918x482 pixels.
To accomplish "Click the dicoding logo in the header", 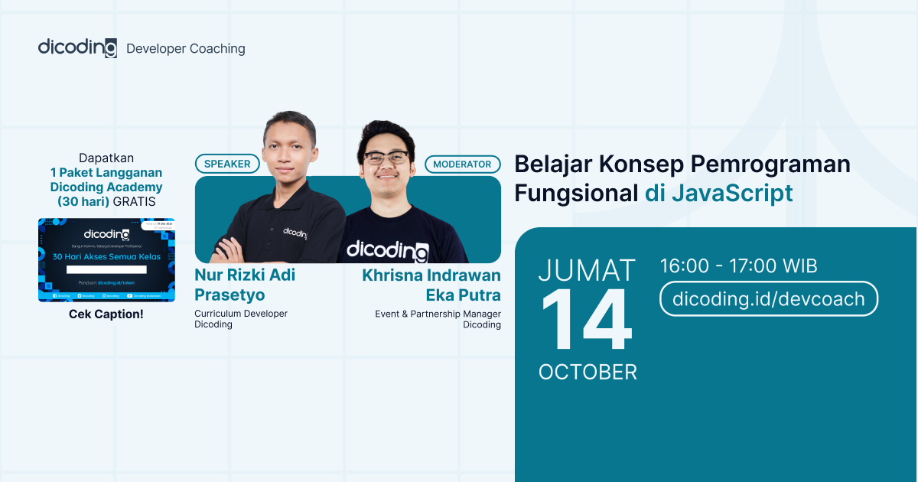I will (x=77, y=47).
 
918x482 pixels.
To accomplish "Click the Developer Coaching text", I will (x=185, y=48).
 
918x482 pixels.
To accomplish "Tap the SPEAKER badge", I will (x=227, y=164).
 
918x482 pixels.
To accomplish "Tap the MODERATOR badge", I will (x=462, y=164).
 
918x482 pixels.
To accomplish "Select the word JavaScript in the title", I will (x=732, y=194).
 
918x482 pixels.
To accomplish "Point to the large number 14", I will (x=587, y=321).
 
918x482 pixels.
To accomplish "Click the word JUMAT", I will (x=587, y=270).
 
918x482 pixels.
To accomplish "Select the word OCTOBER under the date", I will (x=588, y=372).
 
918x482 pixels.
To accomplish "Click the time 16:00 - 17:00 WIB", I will (x=738, y=266).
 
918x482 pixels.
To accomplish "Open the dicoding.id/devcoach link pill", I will (x=768, y=298).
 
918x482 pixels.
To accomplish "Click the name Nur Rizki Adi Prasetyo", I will (x=244, y=284).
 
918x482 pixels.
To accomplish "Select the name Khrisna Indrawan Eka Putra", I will (x=431, y=285).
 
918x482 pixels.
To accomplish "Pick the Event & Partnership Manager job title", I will (x=438, y=314).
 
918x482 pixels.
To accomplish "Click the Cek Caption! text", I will (x=106, y=314).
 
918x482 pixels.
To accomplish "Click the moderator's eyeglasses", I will (x=386, y=158).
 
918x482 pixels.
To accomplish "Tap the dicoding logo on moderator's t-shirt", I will (x=387, y=250).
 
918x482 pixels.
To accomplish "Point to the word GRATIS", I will (x=134, y=202).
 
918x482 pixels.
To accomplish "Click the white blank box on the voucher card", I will (x=106, y=269).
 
